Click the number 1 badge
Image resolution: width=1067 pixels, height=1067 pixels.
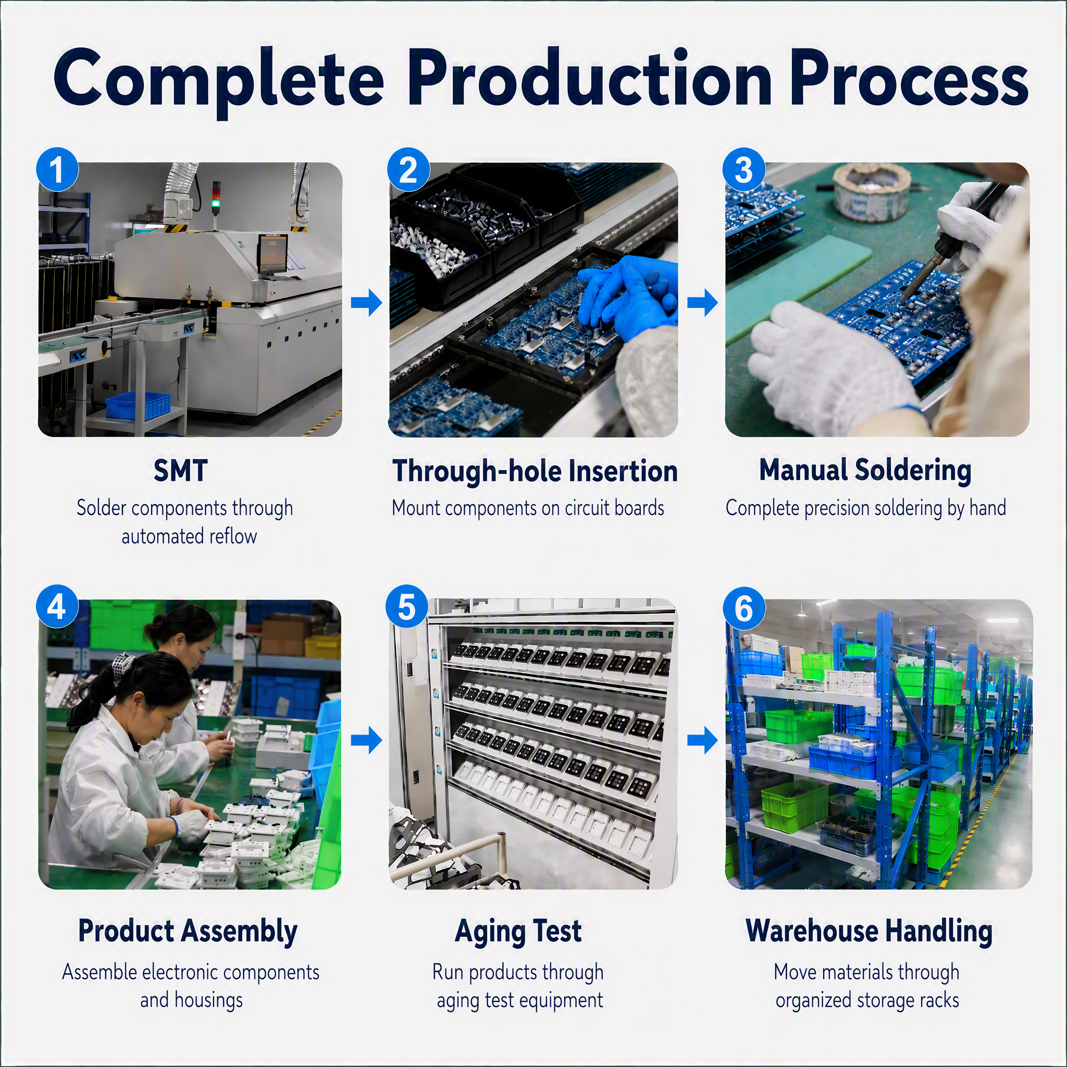(57, 169)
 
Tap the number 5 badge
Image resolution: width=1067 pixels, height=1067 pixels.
(407, 607)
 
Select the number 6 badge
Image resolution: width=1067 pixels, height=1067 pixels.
(744, 609)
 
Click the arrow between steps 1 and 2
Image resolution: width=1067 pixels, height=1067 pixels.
(367, 302)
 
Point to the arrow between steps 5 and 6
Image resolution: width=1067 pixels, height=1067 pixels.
(702, 740)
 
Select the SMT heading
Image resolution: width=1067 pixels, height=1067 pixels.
(181, 470)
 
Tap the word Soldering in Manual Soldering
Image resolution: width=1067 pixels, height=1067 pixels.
(913, 471)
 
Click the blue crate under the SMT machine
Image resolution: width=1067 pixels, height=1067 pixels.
(138, 406)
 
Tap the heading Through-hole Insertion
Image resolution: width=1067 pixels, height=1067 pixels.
(535, 471)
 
